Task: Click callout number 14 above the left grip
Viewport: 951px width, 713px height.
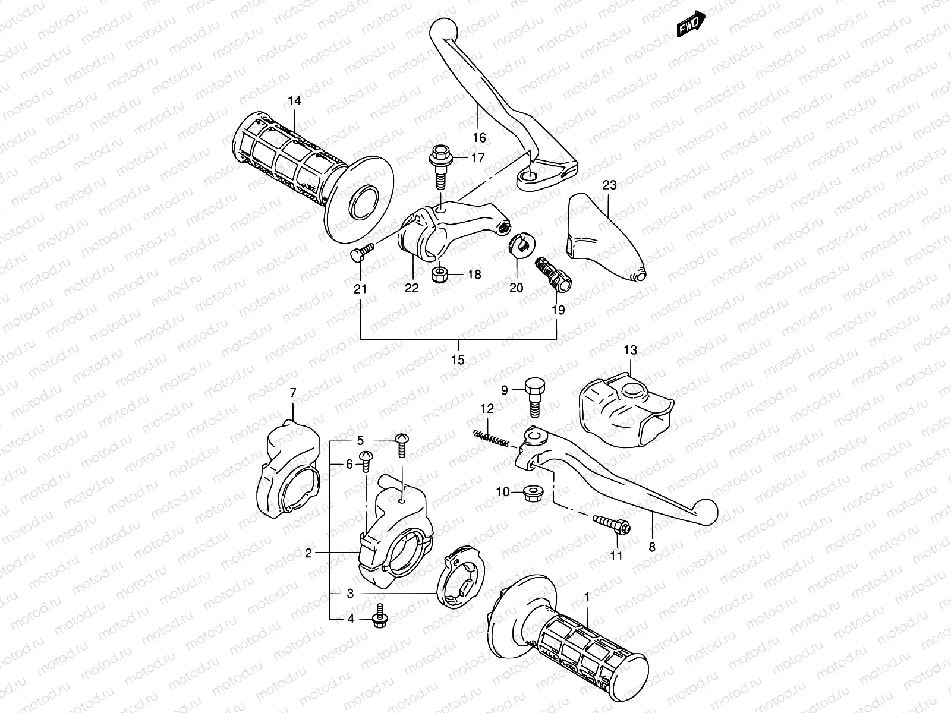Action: [294, 101]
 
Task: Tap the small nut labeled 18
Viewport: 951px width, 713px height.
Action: [439, 275]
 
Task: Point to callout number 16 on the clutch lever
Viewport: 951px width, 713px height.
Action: [479, 138]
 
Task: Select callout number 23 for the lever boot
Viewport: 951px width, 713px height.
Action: [609, 185]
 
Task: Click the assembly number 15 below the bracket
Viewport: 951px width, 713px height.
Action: [458, 360]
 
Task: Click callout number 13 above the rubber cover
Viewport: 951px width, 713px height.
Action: [630, 351]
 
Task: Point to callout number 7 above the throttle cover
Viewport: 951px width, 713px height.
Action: [292, 392]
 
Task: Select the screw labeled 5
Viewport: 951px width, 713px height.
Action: [402, 447]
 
